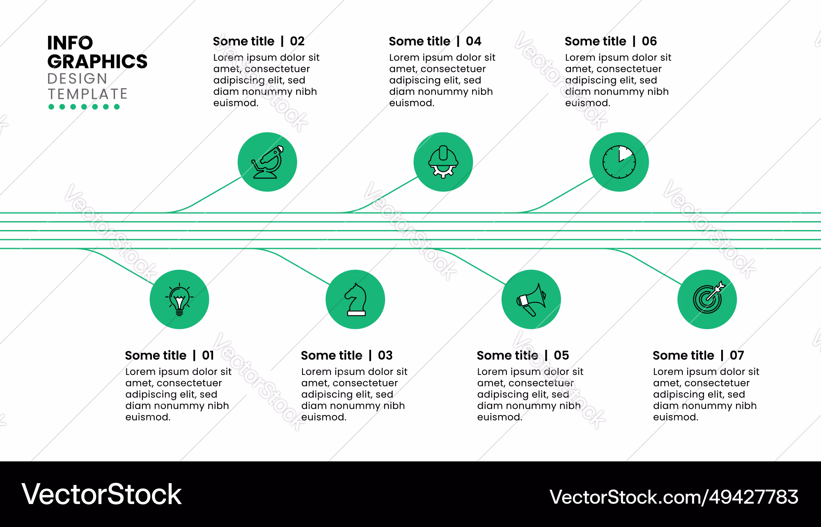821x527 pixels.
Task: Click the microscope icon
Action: click(x=268, y=162)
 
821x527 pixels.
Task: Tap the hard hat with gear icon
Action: click(x=443, y=162)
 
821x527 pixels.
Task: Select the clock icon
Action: click(x=619, y=162)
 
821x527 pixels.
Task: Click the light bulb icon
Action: click(x=179, y=299)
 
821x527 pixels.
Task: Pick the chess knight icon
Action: click(x=356, y=299)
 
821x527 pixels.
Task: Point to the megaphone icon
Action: click(x=532, y=300)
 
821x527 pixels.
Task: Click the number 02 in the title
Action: click(x=297, y=41)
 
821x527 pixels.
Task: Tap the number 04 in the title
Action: click(x=473, y=41)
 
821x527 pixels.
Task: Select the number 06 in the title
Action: click(x=649, y=41)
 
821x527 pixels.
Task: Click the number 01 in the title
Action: click(x=208, y=355)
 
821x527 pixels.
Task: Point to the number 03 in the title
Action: click(x=385, y=355)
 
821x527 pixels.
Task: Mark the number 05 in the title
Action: click(x=561, y=355)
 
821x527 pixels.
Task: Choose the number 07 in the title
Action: click(x=737, y=355)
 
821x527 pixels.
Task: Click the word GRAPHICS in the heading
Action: click(x=97, y=62)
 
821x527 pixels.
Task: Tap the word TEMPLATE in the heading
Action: click(x=87, y=94)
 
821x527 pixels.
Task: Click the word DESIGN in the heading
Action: click(x=77, y=78)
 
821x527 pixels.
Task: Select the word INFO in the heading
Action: click(x=70, y=43)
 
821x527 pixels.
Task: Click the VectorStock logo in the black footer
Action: click(x=101, y=494)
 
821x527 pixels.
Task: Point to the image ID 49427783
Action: click(x=754, y=497)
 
